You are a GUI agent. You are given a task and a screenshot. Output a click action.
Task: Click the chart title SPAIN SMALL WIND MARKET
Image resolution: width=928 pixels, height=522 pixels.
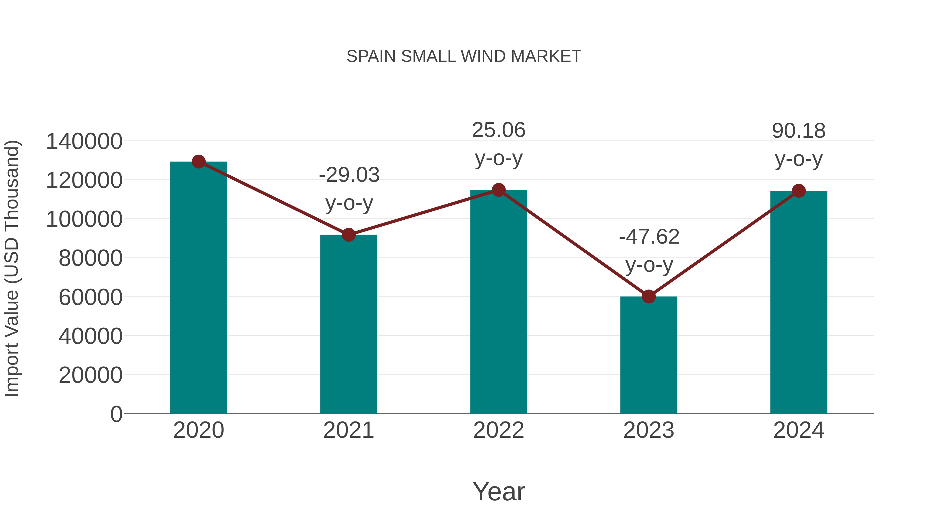[x=464, y=56]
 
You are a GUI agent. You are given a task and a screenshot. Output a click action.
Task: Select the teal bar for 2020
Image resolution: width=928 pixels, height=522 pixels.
[x=198, y=288]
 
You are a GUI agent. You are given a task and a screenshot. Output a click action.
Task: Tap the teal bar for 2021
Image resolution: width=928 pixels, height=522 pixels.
[x=348, y=324]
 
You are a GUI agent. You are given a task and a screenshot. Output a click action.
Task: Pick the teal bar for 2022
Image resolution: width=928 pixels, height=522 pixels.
[x=499, y=303]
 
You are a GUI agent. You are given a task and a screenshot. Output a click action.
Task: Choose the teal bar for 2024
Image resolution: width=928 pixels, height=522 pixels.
[x=799, y=303]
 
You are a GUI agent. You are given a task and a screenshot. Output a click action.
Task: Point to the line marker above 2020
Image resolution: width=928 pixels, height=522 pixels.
[x=198, y=162]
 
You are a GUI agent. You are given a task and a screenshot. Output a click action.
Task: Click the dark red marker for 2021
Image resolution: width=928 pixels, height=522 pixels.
[x=348, y=235]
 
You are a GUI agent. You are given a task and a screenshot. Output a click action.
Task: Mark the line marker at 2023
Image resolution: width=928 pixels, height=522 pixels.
[x=649, y=296]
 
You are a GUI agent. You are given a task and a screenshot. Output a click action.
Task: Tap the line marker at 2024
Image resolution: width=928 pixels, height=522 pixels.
[x=799, y=191]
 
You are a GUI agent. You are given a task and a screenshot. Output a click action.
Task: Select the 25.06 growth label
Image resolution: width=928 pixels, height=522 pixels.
[x=499, y=144]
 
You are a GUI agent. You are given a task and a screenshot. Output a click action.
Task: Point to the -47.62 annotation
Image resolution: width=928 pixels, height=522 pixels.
[x=649, y=251]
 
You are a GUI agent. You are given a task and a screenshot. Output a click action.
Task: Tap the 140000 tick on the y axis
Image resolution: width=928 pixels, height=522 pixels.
[x=84, y=141]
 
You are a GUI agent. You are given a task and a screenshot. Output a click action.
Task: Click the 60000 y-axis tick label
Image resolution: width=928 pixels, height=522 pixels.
[x=90, y=297]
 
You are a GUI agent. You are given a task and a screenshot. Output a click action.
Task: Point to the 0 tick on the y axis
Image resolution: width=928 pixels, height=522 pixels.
[x=116, y=414]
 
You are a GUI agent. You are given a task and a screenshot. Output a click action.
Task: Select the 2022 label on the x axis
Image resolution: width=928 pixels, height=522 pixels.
[x=499, y=430]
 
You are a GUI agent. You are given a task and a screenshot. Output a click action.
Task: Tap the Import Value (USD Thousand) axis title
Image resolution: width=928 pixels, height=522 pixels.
[x=12, y=268]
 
